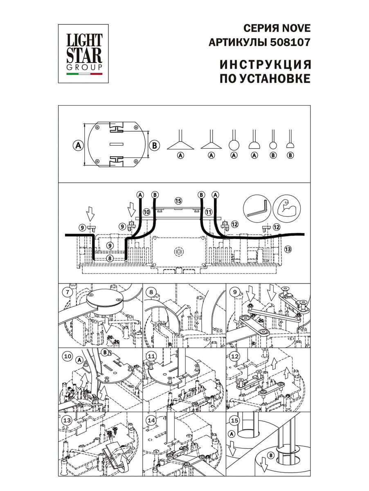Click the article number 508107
pos(290,42)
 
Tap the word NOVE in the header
pos(296,28)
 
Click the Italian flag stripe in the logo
pos(84,74)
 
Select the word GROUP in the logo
pos(84,68)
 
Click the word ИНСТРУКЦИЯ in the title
pos(265,65)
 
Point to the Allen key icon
pos(257,209)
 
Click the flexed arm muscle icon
pos(287,209)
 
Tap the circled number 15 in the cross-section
pos(178,201)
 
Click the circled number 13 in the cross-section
pos(288,249)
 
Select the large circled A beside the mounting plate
pos(78,145)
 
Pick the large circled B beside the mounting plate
pos(155,145)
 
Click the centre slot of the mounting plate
pos(116,144)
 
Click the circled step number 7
pos(68,292)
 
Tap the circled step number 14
pos(151,420)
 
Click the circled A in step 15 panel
pos(232,434)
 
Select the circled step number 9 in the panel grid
pos(234,292)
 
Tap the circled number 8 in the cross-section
pos(110,258)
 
